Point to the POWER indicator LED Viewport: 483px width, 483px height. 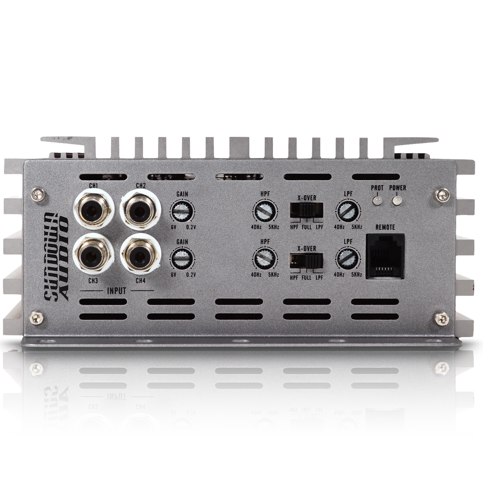click(x=396, y=201)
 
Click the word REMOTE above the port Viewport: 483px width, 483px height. click(x=385, y=227)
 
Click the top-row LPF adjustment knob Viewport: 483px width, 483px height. click(x=348, y=211)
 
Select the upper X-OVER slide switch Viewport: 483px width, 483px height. click(x=306, y=211)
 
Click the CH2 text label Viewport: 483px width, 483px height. click(x=141, y=186)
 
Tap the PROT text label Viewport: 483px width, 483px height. click(x=377, y=188)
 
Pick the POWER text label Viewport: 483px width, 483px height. click(x=397, y=188)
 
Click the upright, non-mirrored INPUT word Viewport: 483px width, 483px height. click(x=116, y=291)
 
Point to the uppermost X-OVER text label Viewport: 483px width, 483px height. click(x=307, y=198)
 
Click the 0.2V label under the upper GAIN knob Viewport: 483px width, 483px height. click(x=191, y=227)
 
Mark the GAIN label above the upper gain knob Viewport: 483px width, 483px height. click(x=182, y=194)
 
